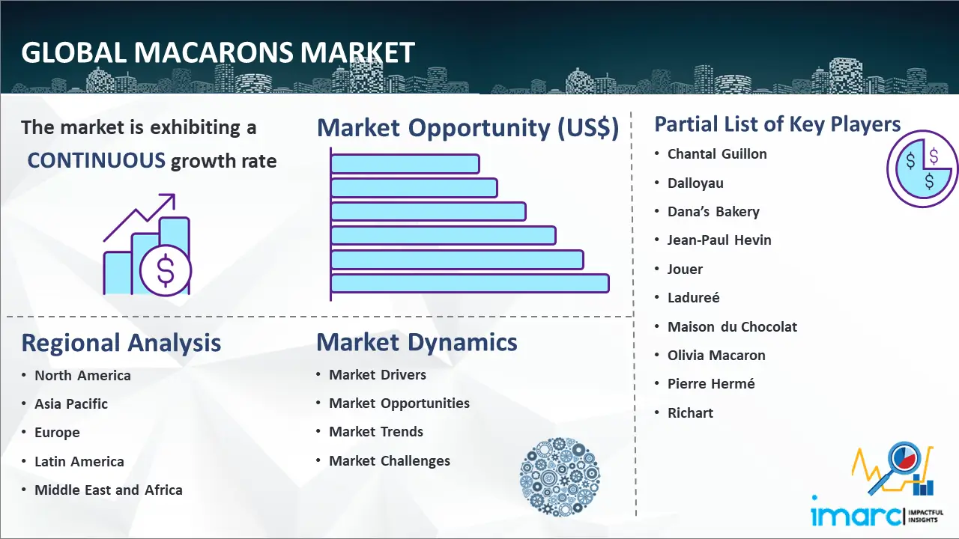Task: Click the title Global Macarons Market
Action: click(x=217, y=52)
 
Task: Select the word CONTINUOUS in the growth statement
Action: click(x=97, y=160)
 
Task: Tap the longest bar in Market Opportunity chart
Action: click(x=470, y=283)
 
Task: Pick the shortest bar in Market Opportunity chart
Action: click(x=405, y=163)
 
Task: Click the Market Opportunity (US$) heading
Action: click(x=468, y=128)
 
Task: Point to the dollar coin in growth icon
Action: click(x=166, y=270)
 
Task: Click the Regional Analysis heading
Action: click(x=121, y=343)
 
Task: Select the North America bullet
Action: click(x=82, y=375)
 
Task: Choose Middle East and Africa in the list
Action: click(x=108, y=490)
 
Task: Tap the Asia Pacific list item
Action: click(x=71, y=404)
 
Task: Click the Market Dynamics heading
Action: click(x=417, y=343)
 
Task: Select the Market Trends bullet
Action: click(x=376, y=432)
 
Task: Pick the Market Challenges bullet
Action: click(x=390, y=461)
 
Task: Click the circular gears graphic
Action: click(x=560, y=477)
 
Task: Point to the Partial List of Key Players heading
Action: click(x=778, y=124)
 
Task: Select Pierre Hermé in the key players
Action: click(x=711, y=384)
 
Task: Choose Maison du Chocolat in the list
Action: click(x=732, y=326)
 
